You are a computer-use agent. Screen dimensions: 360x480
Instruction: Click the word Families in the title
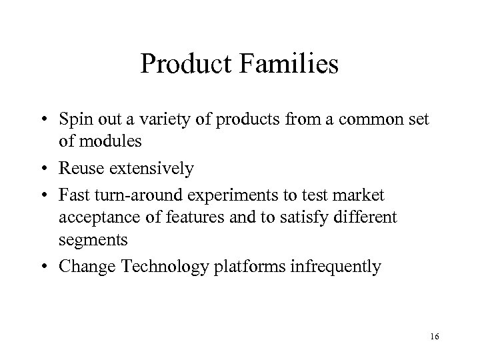pos(292,65)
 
